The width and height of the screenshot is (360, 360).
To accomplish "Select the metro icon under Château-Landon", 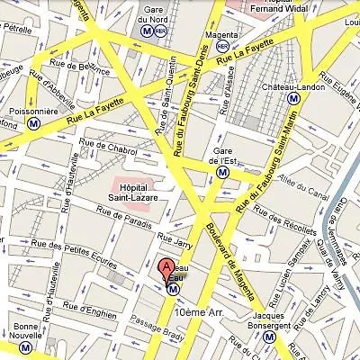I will (x=293, y=98).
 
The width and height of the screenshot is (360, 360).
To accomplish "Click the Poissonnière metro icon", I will (x=33, y=123).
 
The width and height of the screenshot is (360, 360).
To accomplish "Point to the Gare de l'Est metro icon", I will (x=222, y=171).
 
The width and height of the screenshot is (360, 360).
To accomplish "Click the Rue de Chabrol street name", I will (x=107, y=145).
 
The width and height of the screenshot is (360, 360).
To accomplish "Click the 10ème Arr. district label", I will (x=207, y=310).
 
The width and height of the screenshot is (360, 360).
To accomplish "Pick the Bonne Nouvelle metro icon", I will (x=24, y=346).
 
